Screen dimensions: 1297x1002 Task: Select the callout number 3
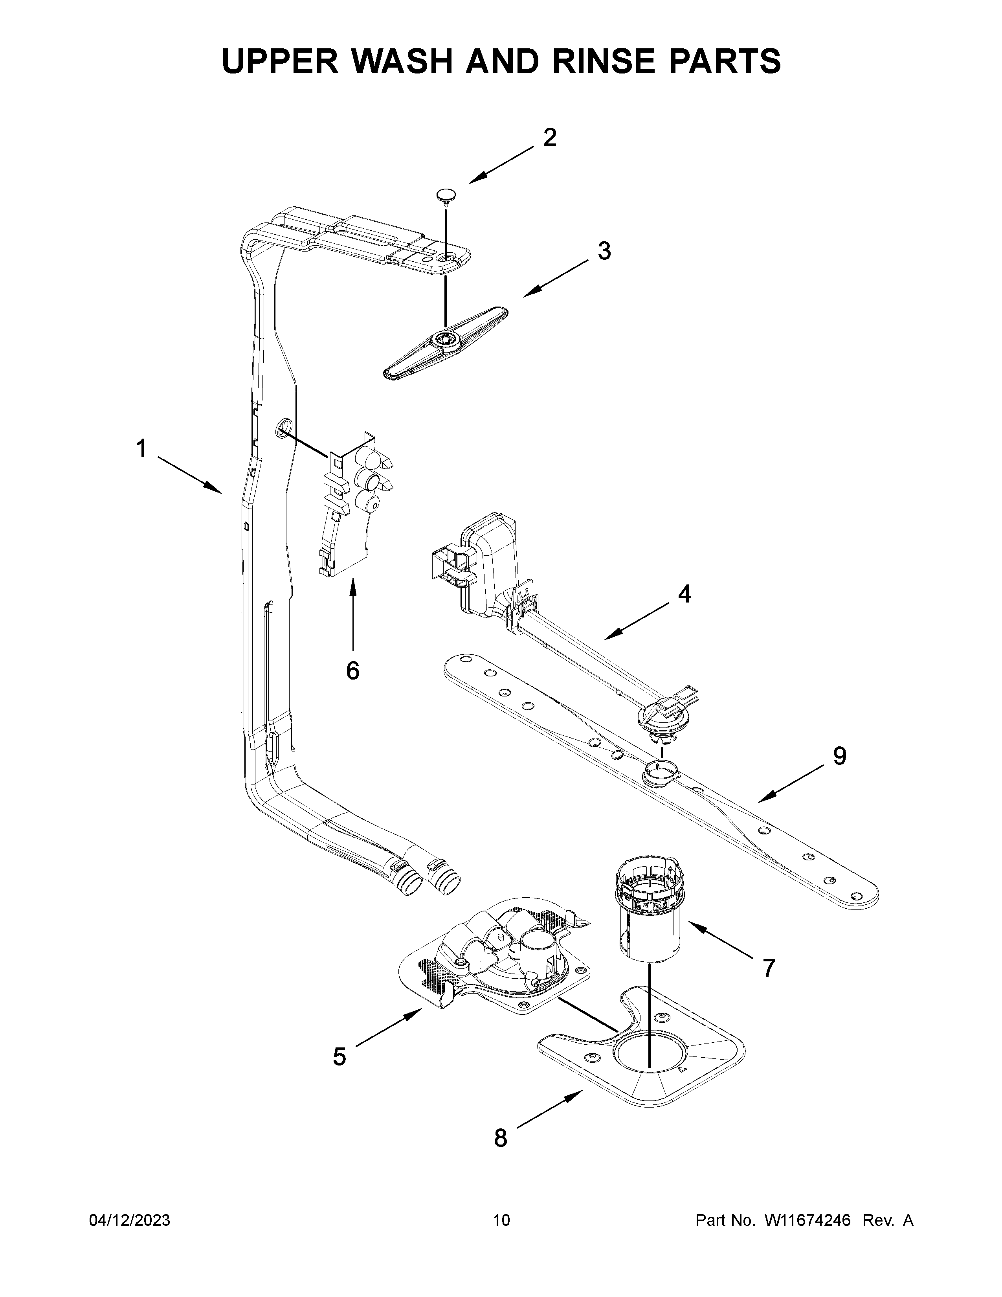click(x=604, y=251)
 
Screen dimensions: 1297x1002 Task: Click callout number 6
click(x=352, y=671)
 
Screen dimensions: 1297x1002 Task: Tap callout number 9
click(x=839, y=756)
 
